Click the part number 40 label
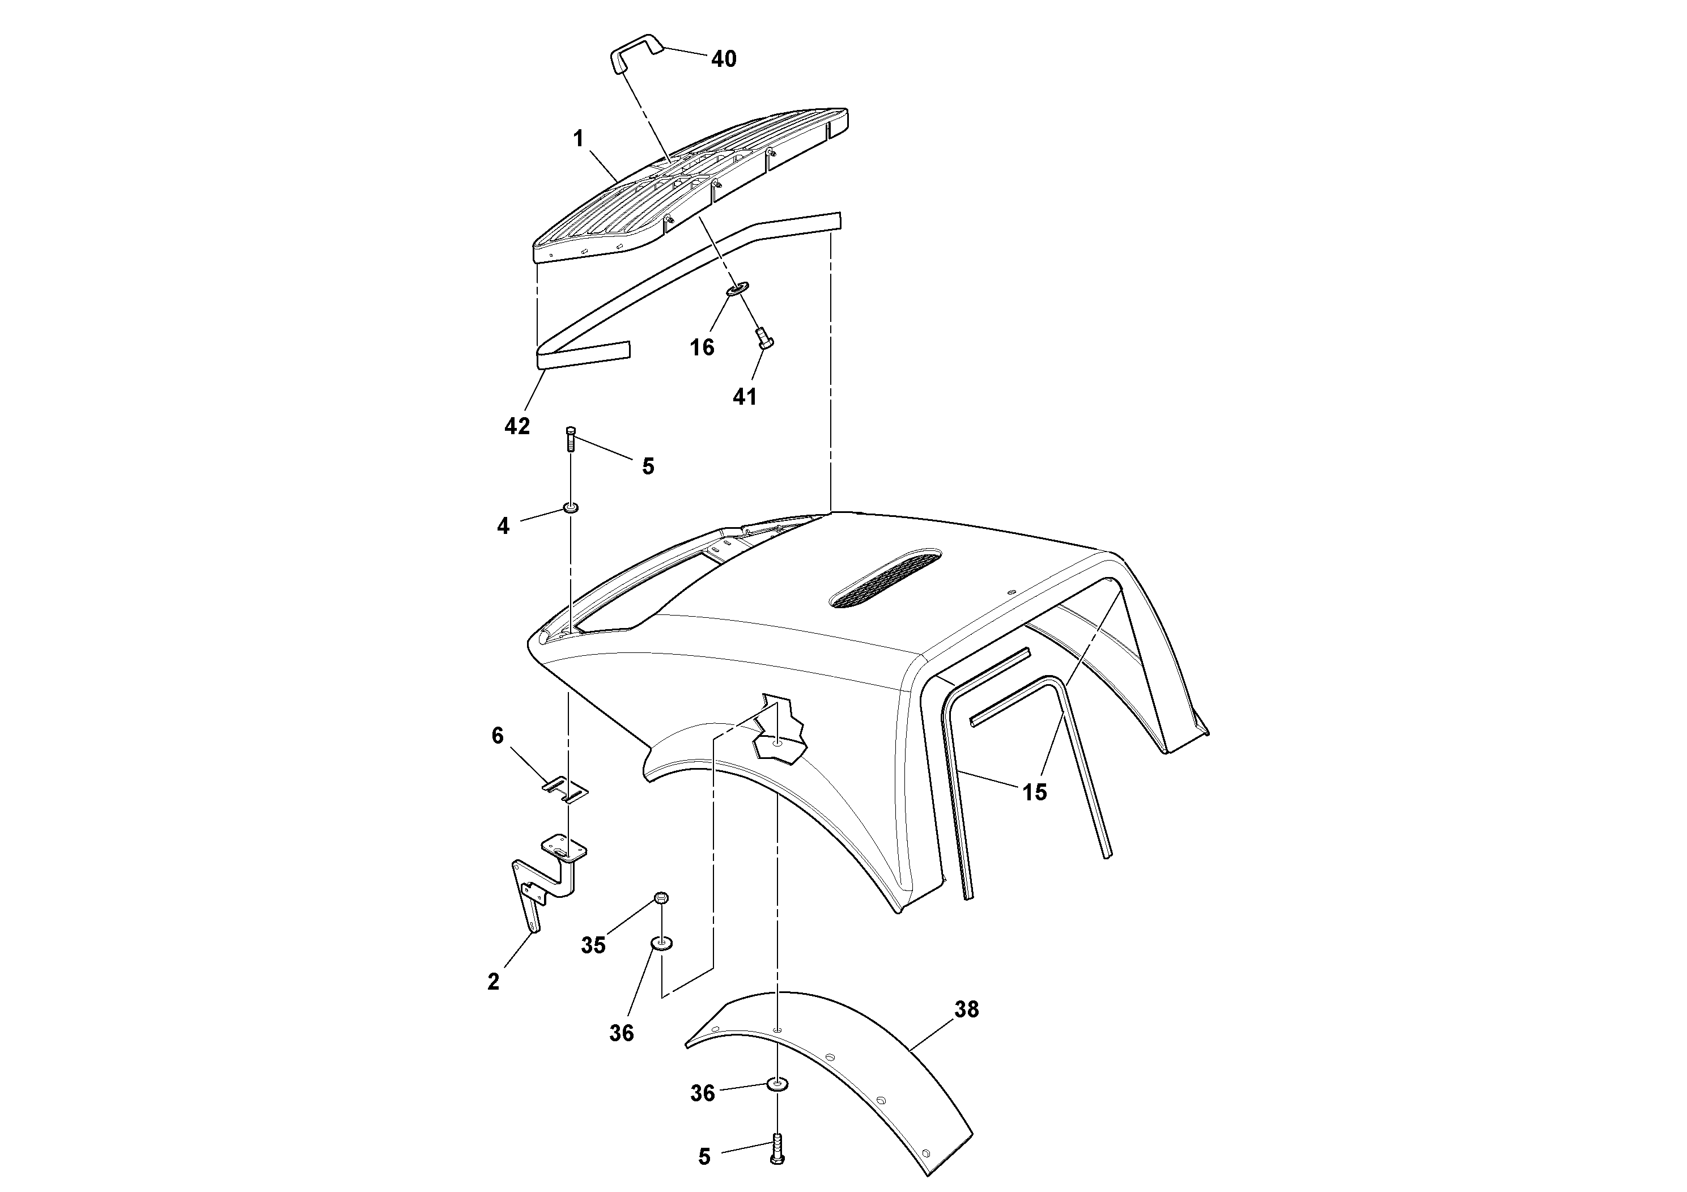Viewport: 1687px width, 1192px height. (x=724, y=59)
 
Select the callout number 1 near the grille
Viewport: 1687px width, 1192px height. (x=578, y=138)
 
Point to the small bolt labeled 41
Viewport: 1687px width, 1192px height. (x=763, y=340)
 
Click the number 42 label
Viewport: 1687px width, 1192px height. (x=517, y=426)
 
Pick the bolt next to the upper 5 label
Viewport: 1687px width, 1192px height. (x=570, y=439)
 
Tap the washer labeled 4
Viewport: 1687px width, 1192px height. (x=571, y=508)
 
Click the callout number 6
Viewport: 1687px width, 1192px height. (x=498, y=736)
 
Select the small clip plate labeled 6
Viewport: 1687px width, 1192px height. (x=566, y=788)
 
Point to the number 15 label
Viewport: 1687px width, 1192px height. (x=1035, y=792)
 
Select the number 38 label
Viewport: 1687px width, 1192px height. (x=966, y=1009)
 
